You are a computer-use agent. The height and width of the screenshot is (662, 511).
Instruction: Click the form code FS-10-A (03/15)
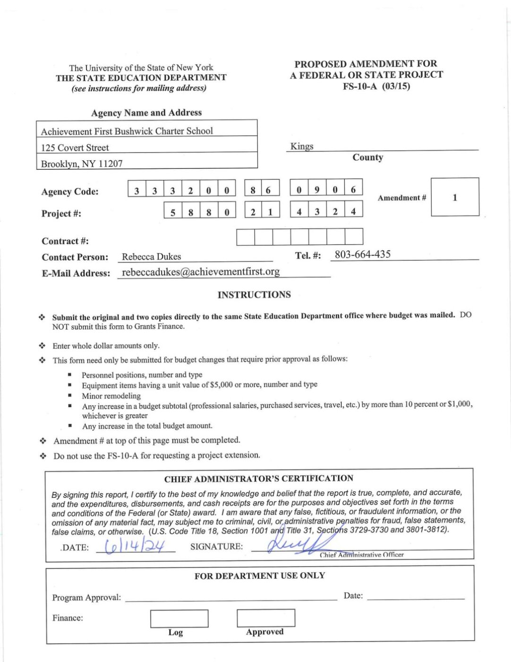tap(376, 86)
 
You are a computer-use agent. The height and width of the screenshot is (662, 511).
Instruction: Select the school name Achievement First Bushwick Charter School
tap(127, 131)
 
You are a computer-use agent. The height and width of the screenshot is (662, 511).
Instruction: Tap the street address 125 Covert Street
tap(75, 148)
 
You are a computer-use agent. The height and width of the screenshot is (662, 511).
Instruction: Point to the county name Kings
tap(302, 146)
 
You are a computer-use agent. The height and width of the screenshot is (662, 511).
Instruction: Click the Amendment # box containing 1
tap(455, 197)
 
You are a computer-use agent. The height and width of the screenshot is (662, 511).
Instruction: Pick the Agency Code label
tap(70, 192)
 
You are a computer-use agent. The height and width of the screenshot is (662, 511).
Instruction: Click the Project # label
tap(61, 213)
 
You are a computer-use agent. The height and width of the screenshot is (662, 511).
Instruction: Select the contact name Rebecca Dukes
tap(151, 257)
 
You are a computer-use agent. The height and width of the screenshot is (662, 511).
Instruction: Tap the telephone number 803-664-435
tap(362, 254)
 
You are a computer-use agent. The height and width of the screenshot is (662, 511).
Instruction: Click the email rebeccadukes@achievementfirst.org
tap(201, 272)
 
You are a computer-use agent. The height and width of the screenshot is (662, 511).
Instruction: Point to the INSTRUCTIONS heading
tap(254, 295)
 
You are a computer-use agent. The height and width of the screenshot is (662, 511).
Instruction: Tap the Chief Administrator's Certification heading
tap(259, 479)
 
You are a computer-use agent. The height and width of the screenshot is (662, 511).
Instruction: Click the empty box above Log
tap(179, 618)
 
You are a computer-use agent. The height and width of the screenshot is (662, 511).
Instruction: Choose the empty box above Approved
tap(265, 618)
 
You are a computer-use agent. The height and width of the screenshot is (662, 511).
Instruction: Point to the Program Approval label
tap(86, 597)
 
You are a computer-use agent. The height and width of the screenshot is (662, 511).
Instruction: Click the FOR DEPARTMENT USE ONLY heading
tap(260, 575)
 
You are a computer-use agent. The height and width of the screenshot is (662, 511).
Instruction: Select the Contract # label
tap(65, 241)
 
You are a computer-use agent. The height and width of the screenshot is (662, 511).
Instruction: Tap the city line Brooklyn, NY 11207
tap(82, 164)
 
